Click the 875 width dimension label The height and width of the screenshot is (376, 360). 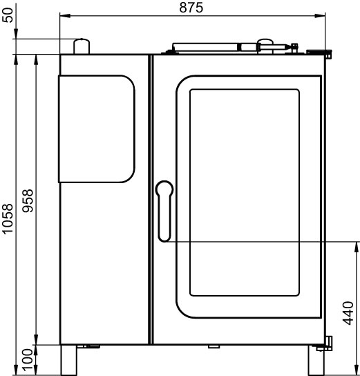[x=191, y=8]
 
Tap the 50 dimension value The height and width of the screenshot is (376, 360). [x=8, y=15]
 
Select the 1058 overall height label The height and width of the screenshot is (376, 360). [x=7, y=218]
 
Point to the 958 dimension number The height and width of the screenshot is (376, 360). [x=28, y=200]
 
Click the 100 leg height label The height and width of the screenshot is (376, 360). [x=27, y=359]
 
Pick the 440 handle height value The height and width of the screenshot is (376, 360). [x=348, y=313]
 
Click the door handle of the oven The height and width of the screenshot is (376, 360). [x=164, y=211]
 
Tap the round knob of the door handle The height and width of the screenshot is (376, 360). [x=164, y=189]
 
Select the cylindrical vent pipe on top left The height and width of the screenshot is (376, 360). [x=82, y=46]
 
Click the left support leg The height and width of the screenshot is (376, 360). [x=68, y=360]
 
